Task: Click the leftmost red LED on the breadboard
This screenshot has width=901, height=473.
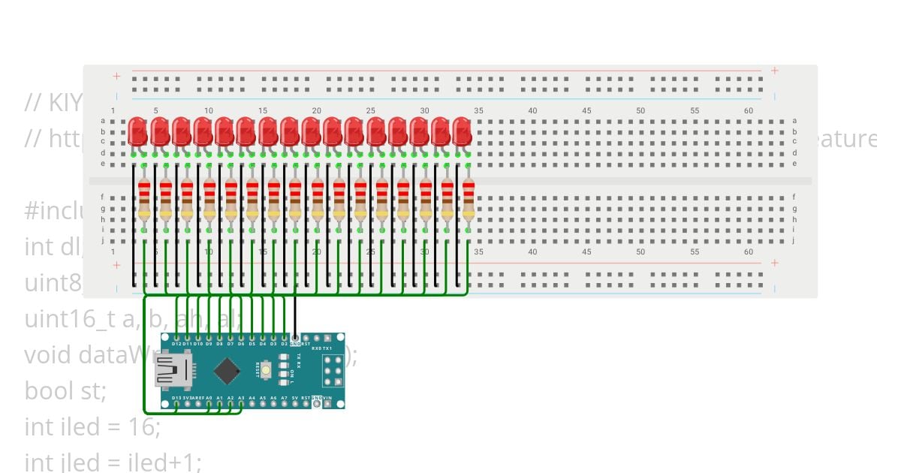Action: (x=137, y=131)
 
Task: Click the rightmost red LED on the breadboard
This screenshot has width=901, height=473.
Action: (x=462, y=131)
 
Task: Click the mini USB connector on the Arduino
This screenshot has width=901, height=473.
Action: (x=172, y=371)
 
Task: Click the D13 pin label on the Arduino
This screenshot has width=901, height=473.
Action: (x=176, y=398)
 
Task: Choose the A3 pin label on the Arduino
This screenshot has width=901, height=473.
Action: (x=241, y=398)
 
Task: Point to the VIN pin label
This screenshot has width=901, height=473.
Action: (x=328, y=398)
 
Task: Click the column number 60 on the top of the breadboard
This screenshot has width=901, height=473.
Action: (x=749, y=111)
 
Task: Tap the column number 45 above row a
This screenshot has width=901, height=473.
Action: (x=586, y=111)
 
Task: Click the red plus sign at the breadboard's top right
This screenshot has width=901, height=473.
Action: (x=774, y=71)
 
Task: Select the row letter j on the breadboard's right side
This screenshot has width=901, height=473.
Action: (x=794, y=240)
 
